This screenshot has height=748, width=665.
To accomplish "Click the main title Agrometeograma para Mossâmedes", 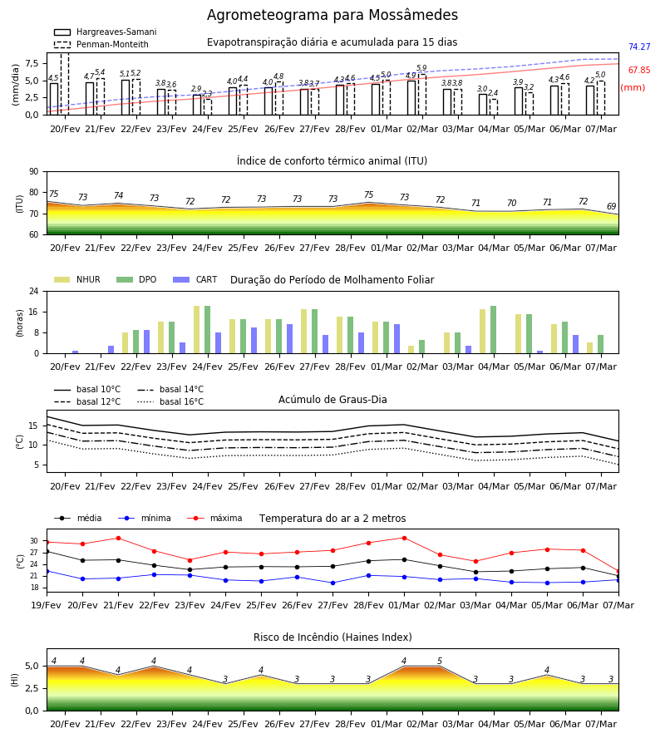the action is [332, 15].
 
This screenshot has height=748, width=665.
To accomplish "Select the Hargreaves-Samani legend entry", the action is [105, 32].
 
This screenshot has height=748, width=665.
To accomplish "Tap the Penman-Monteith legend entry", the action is [101, 44].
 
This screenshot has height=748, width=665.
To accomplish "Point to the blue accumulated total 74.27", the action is [639, 47].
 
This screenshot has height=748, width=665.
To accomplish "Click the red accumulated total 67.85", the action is [639, 70].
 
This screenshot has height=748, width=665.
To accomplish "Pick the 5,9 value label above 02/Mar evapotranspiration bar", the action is [421, 68].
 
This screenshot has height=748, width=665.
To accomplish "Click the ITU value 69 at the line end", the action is [611, 206].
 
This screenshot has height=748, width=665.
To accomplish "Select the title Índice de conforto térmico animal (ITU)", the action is [332, 160].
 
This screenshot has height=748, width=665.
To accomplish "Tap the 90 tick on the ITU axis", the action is [34, 172].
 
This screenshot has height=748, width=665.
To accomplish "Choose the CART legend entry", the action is [195, 279].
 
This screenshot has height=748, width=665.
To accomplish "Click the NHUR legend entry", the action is [77, 279].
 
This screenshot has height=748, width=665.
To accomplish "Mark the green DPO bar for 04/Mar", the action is [493, 330].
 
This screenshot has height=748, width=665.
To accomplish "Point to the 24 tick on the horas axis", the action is [34, 291].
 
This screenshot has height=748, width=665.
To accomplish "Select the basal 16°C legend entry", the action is [170, 401].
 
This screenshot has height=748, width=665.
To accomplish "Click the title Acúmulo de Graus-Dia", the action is [332, 399].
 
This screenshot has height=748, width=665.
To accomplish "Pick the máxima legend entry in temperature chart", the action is [214, 518].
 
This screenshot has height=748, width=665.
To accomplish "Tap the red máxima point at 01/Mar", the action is [405, 538].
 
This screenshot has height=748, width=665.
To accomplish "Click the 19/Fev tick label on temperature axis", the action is [47, 605].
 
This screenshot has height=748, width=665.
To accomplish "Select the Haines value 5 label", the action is [440, 661].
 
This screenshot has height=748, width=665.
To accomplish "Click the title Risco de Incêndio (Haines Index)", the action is [332, 637].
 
